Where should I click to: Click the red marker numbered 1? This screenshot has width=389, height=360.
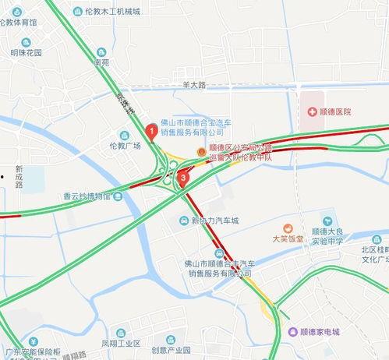coord(150,131)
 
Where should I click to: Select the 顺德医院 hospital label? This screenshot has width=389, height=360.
coord(334,112)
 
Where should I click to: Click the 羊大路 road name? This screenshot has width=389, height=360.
coord(194,83)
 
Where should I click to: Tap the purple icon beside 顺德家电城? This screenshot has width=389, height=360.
coord(292,332)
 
